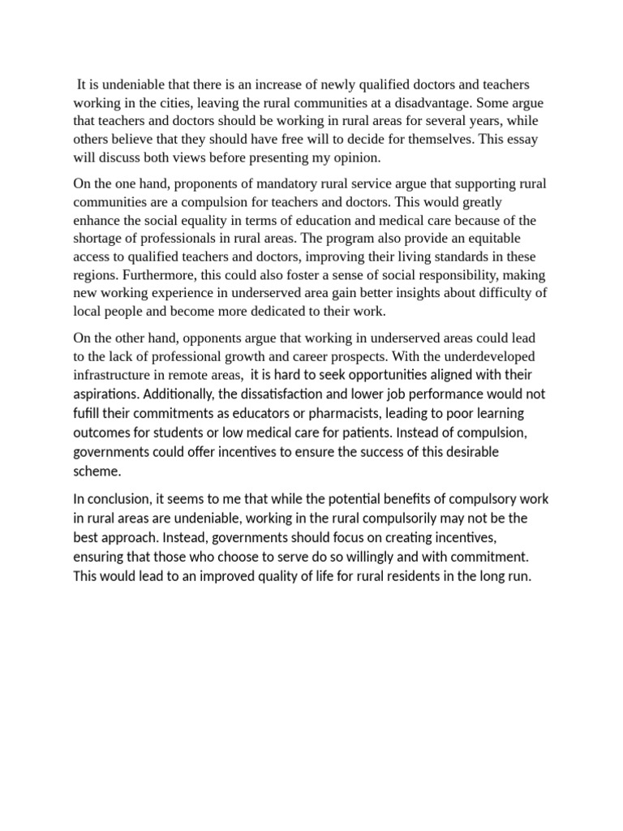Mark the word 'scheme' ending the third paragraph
coord(96,470)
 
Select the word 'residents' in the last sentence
coord(386,577)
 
